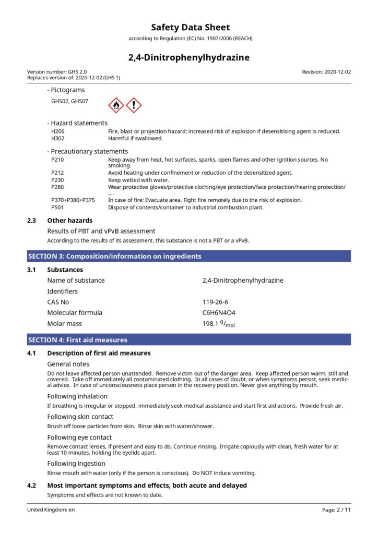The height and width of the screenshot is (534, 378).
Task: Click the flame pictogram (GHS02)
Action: (x=116, y=105)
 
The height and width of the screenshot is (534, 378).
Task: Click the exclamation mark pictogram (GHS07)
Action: (x=134, y=105)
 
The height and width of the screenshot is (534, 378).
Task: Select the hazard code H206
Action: (x=57, y=131)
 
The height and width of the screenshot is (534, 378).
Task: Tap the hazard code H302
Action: (x=57, y=138)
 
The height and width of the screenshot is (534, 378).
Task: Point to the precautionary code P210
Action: (x=57, y=160)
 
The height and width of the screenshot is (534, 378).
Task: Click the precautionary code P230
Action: (x=57, y=179)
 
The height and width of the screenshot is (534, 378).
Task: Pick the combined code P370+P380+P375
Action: (x=73, y=200)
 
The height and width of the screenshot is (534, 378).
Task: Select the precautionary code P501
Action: (x=57, y=207)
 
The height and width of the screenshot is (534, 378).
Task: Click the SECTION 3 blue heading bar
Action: (x=189, y=256)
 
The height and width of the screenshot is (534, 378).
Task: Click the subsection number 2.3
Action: (x=32, y=221)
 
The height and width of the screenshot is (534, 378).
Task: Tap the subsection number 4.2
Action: (x=32, y=486)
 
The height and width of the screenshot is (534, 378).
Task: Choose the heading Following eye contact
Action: (x=79, y=438)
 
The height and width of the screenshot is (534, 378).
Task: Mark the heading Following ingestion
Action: (x=76, y=464)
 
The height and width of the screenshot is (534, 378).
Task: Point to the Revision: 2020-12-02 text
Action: (x=326, y=71)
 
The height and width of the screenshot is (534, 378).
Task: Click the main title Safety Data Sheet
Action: (x=190, y=28)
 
